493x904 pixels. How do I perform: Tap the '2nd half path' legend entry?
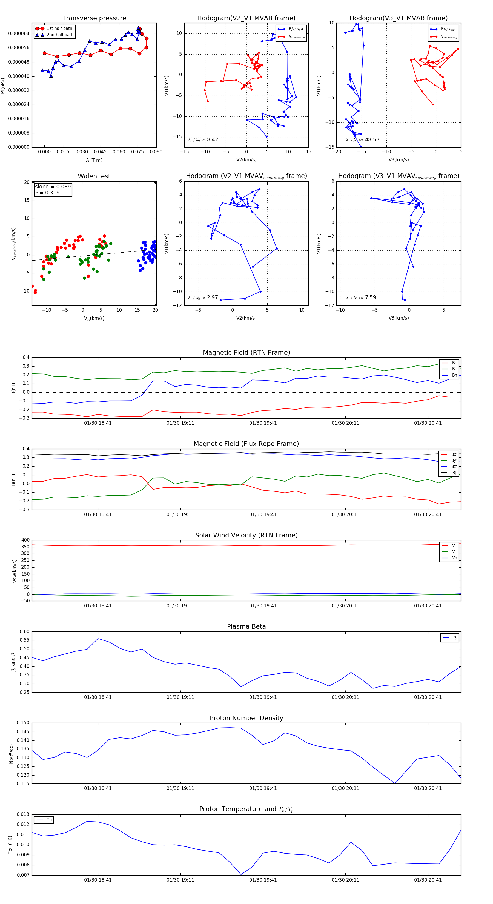(60, 35)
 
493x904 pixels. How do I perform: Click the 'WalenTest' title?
(94, 176)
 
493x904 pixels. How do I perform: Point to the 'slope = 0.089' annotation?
(53, 187)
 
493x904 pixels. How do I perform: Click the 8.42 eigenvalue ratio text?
(212, 140)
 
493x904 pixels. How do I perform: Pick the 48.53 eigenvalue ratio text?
(372, 140)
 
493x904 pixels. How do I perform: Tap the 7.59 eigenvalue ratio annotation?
(370, 297)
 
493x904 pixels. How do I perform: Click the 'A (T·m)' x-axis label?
(94, 160)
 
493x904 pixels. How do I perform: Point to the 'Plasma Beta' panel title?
(246, 626)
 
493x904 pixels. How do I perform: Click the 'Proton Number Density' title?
(246, 718)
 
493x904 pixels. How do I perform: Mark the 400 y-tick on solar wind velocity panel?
(25, 540)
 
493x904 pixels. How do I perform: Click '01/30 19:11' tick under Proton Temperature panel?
(180, 880)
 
